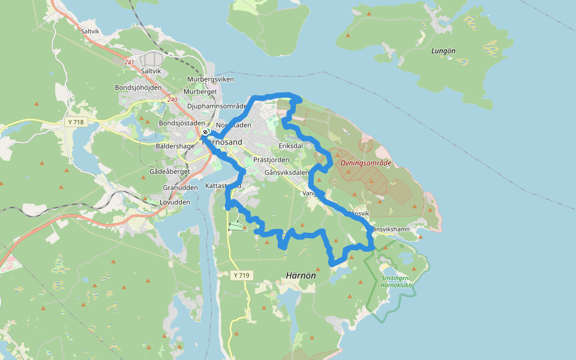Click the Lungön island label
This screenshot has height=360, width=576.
click(443, 51)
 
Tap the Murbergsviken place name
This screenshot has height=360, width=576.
click(211, 79)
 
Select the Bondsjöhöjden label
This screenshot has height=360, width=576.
click(138, 88)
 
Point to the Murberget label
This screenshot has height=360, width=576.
click(200, 92)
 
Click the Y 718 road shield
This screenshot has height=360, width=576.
click(76, 122)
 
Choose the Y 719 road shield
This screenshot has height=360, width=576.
click(241, 275)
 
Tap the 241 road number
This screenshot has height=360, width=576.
click(130, 62)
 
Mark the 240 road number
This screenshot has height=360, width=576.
click(173, 100)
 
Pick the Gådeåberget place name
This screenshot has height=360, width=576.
click(169, 172)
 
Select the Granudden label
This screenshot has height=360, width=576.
click(180, 187)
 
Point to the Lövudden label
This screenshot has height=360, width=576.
click(175, 202)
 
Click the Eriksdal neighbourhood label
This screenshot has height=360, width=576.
click(291, 146)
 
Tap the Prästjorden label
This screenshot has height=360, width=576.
click(271, 160)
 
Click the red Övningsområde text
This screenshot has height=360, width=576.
click(365, 163)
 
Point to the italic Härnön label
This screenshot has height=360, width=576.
click(301, 275)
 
